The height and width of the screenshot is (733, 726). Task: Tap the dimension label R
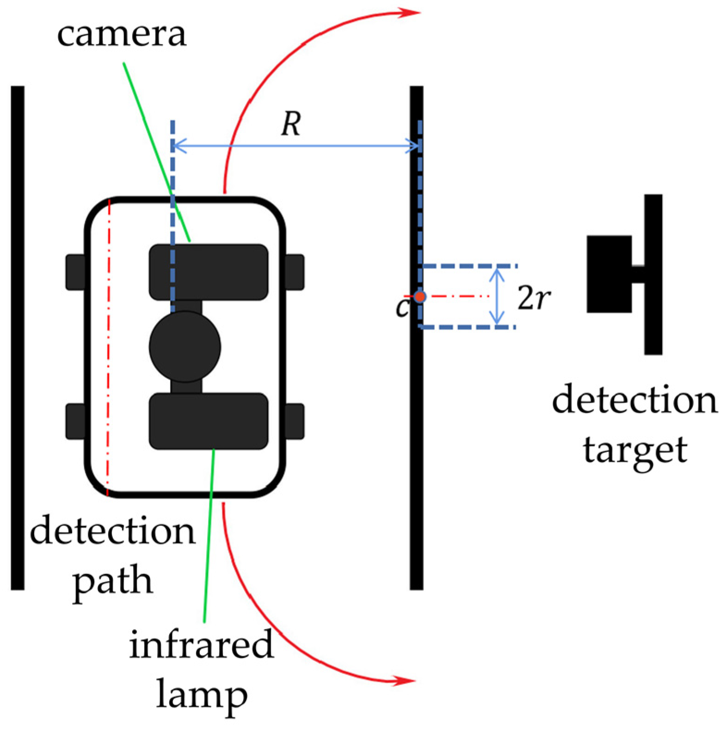[x=291, y=124]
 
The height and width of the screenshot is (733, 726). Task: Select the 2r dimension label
[x=534, y=298]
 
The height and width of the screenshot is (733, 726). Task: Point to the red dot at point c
[x=419, y=296]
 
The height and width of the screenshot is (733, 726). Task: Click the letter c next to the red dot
[x=402, y=307]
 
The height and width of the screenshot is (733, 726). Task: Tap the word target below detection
[x=634, y=450]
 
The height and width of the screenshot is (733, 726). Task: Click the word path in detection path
[x=113, y=582]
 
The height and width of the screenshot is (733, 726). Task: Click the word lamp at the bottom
[x=202, y=695]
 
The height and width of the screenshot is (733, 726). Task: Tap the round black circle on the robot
[x=185, y=347]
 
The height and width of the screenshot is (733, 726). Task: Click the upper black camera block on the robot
[x=208, y=272]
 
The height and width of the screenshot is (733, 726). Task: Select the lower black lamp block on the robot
[x=208, y=421]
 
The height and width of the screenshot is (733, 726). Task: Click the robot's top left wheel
[x=76, y=272]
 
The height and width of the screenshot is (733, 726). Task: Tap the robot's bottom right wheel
[x=294, y=421]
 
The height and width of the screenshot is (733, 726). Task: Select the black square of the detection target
[x=609, y=274]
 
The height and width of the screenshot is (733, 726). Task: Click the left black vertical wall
[x=18, y=337]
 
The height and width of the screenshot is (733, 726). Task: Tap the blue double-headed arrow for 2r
[x=497, y=296]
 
